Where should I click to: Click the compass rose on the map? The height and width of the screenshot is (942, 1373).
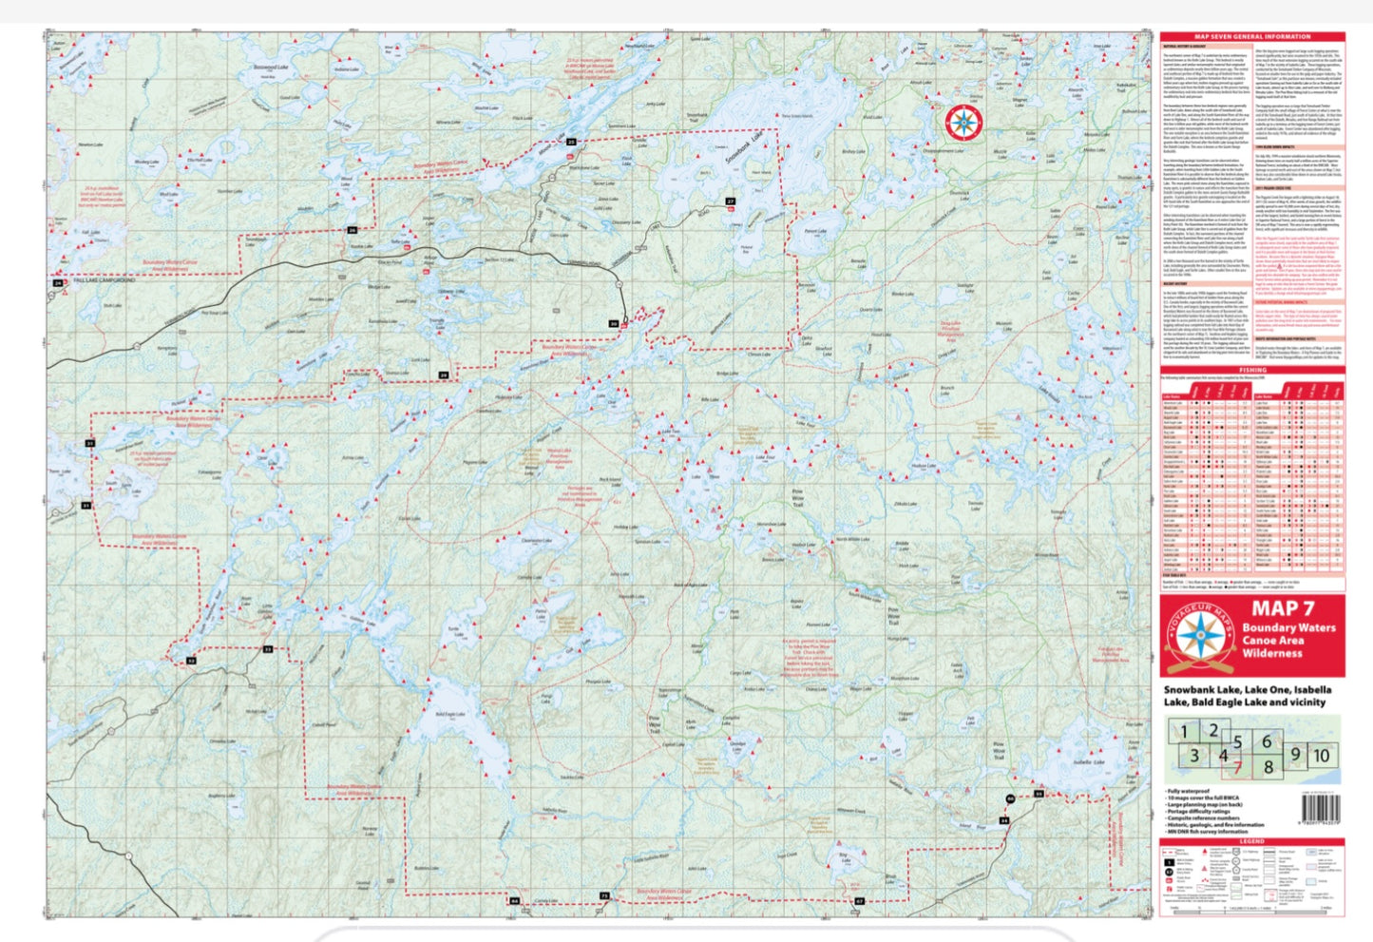point(963,122)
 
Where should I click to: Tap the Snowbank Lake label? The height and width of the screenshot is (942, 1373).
point(744,148)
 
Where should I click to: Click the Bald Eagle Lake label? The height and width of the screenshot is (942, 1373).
point(450,714)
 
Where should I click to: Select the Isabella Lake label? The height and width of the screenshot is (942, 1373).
point(1089,762)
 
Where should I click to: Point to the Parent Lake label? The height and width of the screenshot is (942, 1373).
point(815,231)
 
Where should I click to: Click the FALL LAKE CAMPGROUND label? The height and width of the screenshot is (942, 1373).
point(105,280)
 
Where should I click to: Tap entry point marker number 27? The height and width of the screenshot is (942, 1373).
point(730,202)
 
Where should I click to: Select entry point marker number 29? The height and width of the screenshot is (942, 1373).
point(443,375)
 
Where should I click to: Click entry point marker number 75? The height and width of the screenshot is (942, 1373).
point(604,896)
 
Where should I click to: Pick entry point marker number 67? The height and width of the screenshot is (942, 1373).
point(859,900)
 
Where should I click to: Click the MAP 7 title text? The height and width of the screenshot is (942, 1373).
point(1282,609)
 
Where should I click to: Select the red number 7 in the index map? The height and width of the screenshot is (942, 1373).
point(1237,767)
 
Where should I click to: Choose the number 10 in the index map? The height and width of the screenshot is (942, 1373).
point(1321,756)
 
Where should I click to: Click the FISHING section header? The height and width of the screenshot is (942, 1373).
point(1252,371)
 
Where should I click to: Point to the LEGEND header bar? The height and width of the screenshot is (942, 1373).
point(1252,841)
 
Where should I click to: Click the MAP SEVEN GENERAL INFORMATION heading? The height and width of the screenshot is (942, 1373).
point(1252,36)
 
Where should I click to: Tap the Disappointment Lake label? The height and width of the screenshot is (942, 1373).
point(943,150)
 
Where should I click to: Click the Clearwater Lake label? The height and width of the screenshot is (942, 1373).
point(537,541)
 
